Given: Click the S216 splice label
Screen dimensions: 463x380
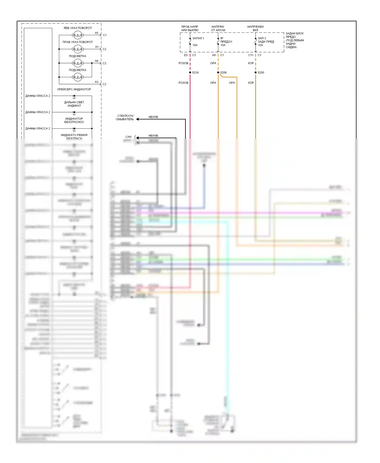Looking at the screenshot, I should point(195,73).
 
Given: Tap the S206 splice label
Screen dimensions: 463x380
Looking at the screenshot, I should point(223,73).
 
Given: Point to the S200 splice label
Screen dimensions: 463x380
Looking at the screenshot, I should point(261,73).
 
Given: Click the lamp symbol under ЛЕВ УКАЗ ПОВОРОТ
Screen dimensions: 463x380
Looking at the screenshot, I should point(77,35).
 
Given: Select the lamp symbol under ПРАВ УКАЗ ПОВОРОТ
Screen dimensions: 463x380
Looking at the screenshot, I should point(77,49).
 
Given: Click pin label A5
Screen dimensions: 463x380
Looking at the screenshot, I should point(97,33).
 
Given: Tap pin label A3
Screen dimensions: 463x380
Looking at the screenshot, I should point(97,82).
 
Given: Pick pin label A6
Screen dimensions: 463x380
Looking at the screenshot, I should point(97,61).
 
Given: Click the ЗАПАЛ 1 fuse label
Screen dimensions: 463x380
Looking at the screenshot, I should point(198,38).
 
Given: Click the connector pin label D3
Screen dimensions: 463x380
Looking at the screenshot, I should point(186,55).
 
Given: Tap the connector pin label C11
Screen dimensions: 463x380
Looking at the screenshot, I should point(251,55).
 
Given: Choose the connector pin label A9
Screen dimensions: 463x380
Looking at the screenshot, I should point(214,55).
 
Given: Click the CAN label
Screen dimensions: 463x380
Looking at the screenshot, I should point(128,137).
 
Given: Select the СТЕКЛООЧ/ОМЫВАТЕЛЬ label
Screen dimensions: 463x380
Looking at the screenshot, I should point(125,118).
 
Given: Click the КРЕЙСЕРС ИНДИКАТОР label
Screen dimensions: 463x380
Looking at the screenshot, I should point(74,89).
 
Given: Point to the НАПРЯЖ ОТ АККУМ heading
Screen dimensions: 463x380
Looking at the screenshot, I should point(218,28).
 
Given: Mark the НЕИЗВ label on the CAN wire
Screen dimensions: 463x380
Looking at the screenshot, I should point(153,136).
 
